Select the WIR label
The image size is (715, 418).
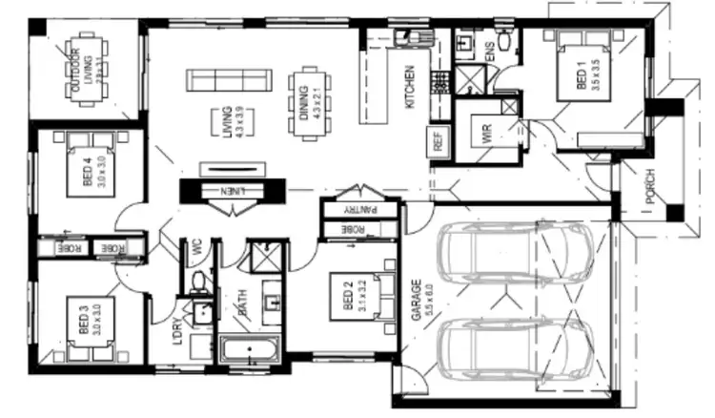pos(486,133)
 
